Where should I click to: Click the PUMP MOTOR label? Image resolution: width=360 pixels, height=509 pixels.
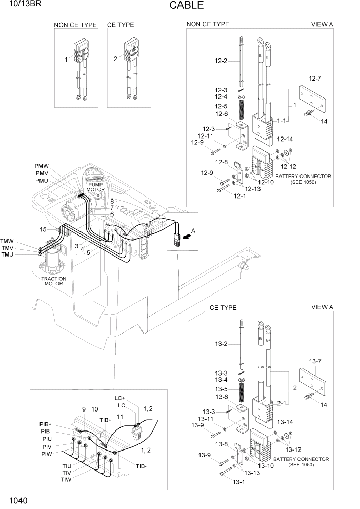(95, 187)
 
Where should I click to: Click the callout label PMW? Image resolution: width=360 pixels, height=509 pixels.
(42, 166)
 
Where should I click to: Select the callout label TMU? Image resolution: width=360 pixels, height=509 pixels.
(7, 255)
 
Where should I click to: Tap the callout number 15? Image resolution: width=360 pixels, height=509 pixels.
(43, 229)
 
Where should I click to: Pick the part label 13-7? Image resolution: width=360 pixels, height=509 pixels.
(315, 361)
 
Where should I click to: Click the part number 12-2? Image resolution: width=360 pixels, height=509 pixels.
(221, 61)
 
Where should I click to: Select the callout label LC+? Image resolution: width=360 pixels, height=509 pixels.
(119, 398)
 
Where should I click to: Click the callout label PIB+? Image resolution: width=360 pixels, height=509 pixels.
(45, 424)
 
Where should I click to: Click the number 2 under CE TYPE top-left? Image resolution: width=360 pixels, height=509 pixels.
(115, 59)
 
